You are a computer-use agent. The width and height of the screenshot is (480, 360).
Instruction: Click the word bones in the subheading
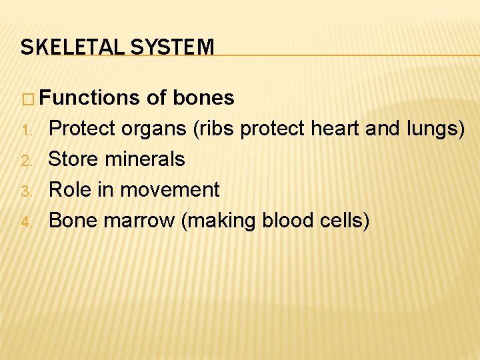203,98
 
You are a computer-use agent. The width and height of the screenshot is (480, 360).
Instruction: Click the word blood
295,221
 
